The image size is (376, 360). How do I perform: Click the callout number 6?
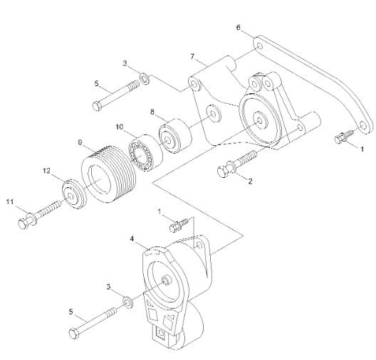pyautogui.click(x=239, y=28)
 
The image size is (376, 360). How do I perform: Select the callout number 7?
pyautogui.click(x=192, y=55)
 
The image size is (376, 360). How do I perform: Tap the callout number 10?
pyautogui.click(x=120, y=127)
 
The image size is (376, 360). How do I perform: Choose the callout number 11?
pyautogui.click(x=10, y=203)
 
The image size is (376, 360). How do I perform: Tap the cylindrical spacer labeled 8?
pyautogui.click(x=173, y=135)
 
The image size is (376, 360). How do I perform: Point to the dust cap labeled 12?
pyautogui.click(x=71, y=194)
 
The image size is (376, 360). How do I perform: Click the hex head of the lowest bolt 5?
pyautogui.click(x=73, y=334)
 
